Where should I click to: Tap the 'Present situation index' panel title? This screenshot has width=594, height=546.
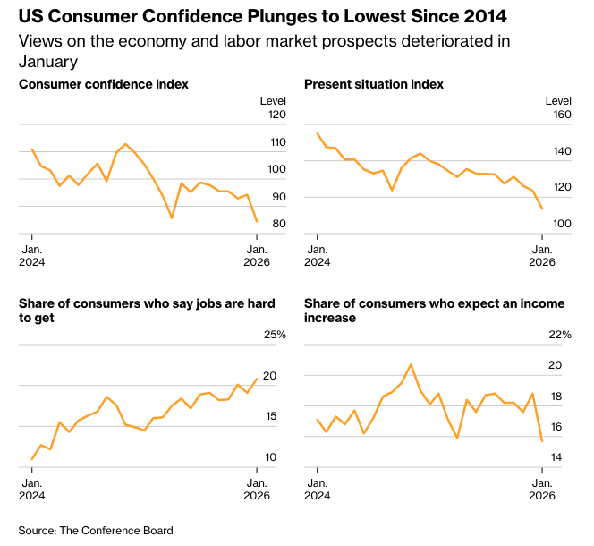pyautogui.click(x=374, y=84)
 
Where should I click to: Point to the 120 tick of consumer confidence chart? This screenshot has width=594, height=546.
pyautogui.click(x=274, y=115)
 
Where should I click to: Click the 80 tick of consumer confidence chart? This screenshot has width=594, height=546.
pyautogui.click(x=277, y=224)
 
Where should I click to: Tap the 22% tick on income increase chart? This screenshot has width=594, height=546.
pyautogui.click(x=559, y=335)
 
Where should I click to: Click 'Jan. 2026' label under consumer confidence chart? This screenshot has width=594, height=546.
pyautogui.click(x=257, y=255)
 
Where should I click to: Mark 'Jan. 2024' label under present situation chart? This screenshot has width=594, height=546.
pyautogui.click(x=317, y=255)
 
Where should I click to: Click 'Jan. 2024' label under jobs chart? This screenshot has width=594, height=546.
pyautogui.click(x=31, y=489)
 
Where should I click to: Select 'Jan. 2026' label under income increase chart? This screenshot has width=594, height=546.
pyautogui.click(x=542, y=489)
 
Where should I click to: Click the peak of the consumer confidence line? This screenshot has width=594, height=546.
pyautogui.click(x=125, y=144)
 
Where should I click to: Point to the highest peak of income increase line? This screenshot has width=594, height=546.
pyautogui.click(x=411, y=364)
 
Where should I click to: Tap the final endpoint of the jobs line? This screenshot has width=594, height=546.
pyautogui.click(x=257, y=378)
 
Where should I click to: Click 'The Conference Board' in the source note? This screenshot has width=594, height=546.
pyautogui.click(x=116, y=531)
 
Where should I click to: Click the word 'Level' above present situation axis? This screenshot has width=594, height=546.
pyautogui.click(x=557, y=99)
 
